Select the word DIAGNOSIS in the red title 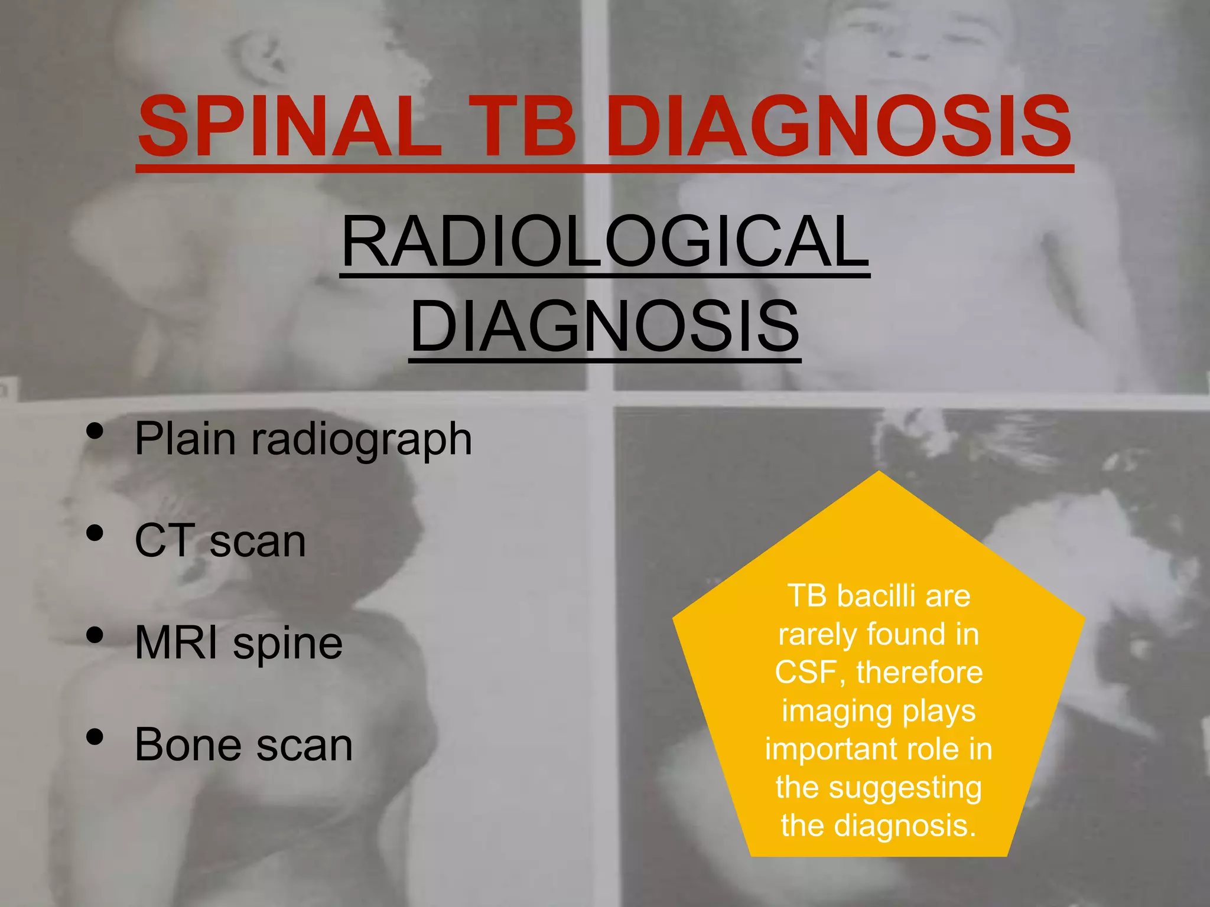pyautogui.click(x=839, y=127)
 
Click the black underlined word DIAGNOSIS pyautogui.click(x=605, y=326)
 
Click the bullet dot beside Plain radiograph pyautogui.click(x=95, y=432)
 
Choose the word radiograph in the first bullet pyautogui.click(x=362, y=440)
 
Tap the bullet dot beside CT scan pyautogui.click(x=95, y=534)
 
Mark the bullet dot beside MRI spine pyautogui.click(x=95, y=636)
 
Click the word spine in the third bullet pyautogui.click(x=288, y=644)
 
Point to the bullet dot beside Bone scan pyautogui.click(x=95, y=737)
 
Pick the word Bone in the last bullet pyautogui.click(x=188, y=745)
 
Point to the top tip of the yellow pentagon pyautogui.click(x=879, y=473)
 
